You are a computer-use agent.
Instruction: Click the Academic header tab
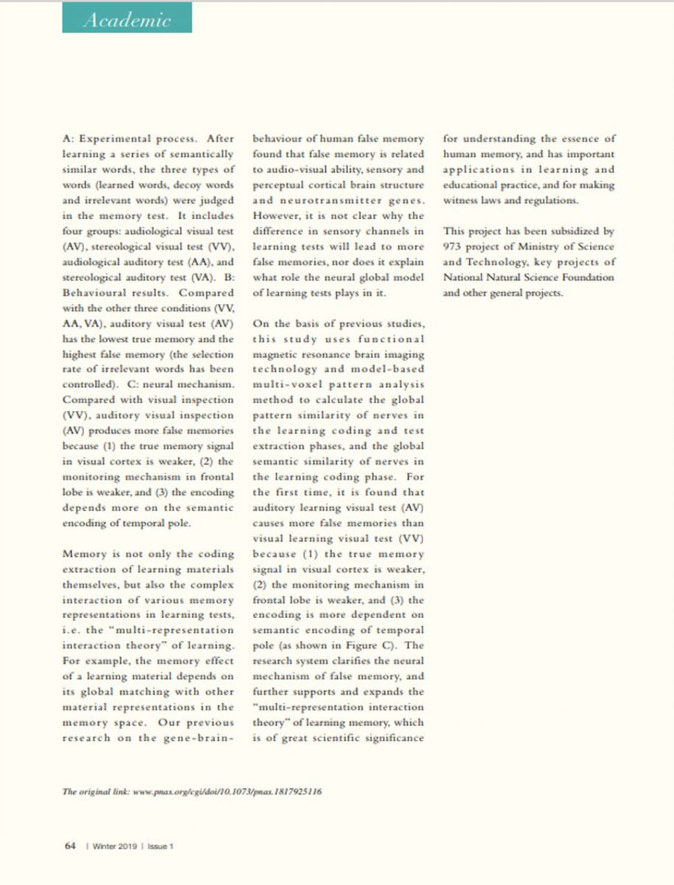(x=128, y=19)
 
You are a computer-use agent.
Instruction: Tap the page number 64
(x=71, y=846)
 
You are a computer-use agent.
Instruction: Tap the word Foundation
(x=583, y=277)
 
